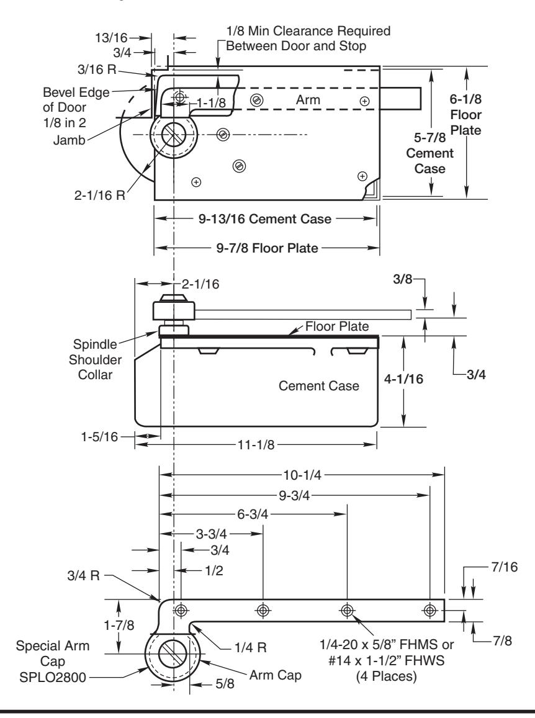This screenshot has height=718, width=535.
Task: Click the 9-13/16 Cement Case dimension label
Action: click(265, 219)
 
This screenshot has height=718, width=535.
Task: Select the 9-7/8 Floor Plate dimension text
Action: click(267, 248)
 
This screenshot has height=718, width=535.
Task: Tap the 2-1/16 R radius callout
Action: click(100, 195)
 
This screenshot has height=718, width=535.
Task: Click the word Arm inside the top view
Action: click(308, 100)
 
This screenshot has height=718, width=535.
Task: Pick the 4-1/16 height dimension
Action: click(403, 379)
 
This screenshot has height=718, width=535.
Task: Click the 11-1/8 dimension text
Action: click(256, 444)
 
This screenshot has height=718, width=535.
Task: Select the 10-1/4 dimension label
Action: click(302, 475)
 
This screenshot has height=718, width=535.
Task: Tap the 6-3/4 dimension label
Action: click(253, 514)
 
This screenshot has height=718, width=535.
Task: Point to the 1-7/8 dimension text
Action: click(119, 625)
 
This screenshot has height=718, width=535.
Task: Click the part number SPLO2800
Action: click(53, 677)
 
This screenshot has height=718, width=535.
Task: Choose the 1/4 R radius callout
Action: click(251, 647)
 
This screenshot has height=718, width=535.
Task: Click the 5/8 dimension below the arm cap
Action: click(225, 684)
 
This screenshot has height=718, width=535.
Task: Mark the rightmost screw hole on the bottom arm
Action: click(429, 610)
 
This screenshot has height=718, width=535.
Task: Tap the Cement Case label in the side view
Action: click(319, 386)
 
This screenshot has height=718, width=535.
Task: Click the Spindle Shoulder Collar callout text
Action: click(96, 359)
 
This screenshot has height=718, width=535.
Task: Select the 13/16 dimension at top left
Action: click(111, 38)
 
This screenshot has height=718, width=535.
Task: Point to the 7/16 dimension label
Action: click(505, 567)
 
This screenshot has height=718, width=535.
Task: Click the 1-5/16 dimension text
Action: click(99, 436)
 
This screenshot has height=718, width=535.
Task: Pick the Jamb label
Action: click(69, 140)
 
